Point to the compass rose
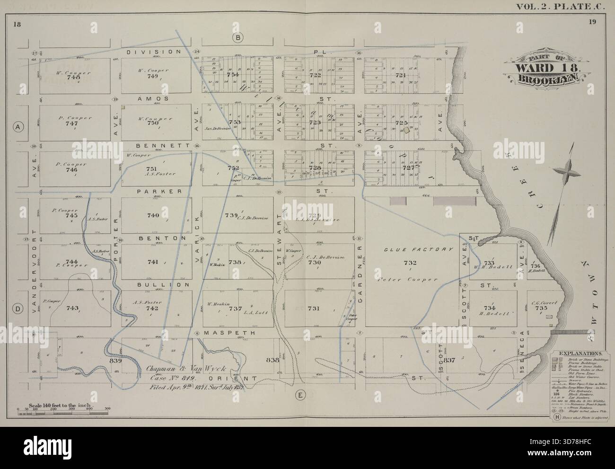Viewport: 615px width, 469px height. [567, 172]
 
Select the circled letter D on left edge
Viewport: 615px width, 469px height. [18, 309]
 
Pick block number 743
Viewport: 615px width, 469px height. [72, 309]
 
